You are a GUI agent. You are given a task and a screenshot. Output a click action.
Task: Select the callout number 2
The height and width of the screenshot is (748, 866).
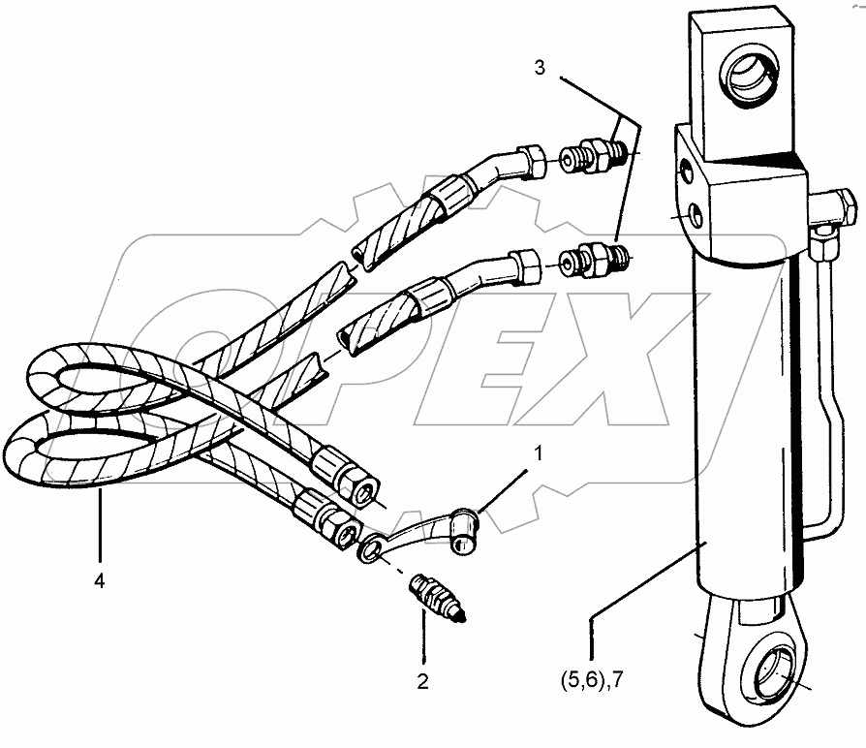pos(422,681)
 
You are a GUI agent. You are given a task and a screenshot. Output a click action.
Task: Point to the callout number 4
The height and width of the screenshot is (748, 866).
pos(100,581)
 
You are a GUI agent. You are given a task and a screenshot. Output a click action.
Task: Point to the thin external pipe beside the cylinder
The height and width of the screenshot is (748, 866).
pos(826,388)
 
